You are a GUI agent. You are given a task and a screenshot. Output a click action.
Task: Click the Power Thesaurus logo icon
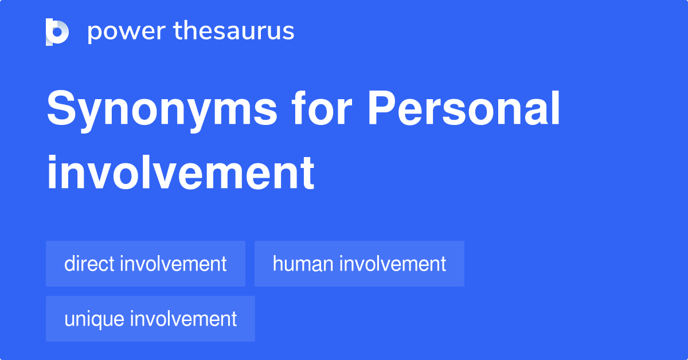point(57,32)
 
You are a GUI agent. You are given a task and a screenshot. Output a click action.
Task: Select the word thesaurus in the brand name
point(234,32)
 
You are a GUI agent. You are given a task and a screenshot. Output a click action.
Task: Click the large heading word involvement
point(181,173)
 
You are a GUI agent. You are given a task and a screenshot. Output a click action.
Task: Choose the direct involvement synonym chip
point(146,264)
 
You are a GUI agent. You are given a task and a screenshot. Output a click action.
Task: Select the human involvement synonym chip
point(359,264)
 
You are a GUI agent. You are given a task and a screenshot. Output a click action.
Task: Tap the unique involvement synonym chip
point(150,319)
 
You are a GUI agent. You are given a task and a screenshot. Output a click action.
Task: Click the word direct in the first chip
point(89,264)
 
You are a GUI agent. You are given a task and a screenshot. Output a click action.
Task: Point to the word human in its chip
point(303,264)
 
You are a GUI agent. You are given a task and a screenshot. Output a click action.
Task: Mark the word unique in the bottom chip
point(95,319)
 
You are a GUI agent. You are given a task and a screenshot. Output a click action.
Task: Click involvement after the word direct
point(173,264)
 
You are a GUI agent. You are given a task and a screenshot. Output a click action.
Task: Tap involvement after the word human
point(393,264)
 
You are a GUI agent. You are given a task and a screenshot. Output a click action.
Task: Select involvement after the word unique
point(183,319)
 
